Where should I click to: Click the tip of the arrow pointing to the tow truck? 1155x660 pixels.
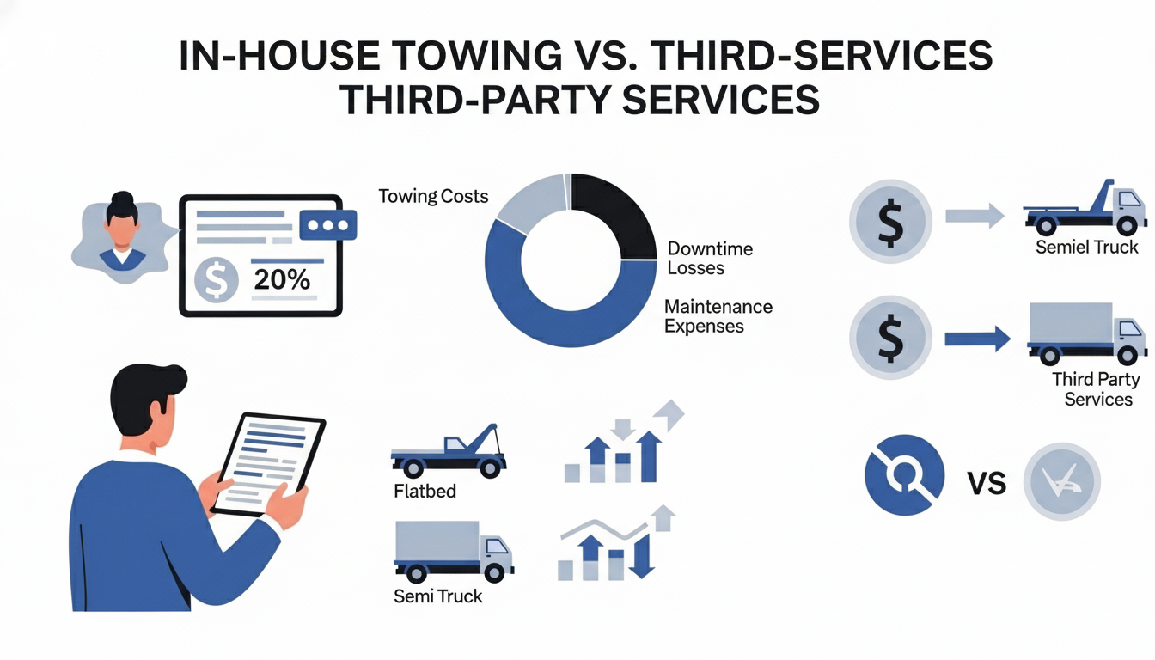tap(1005, 216)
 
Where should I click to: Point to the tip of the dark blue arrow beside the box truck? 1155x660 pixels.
tap(1011, 339)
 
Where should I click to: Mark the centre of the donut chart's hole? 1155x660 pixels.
tap(571, 260)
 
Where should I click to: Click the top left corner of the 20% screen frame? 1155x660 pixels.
tap(180, 195)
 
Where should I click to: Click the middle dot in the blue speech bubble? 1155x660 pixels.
tap(328, 226)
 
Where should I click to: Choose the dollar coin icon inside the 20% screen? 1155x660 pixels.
tap(217, 280)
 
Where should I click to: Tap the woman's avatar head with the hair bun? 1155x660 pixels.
tap(122, 216)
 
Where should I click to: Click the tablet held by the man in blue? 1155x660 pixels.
tap(268, 464)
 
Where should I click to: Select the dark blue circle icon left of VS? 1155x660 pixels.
tap(905, 475)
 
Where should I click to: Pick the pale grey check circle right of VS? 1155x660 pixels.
tap(1062, 481)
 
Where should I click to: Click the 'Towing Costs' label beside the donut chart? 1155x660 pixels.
tap(433, 197)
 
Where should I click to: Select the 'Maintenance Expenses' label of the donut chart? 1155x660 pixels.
tap(718, 316)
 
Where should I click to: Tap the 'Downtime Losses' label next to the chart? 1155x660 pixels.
tap(710, 259)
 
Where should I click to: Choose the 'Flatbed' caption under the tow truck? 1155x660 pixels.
tap(425, 491)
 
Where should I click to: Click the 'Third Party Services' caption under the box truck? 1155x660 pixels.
tap(1097, 389)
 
